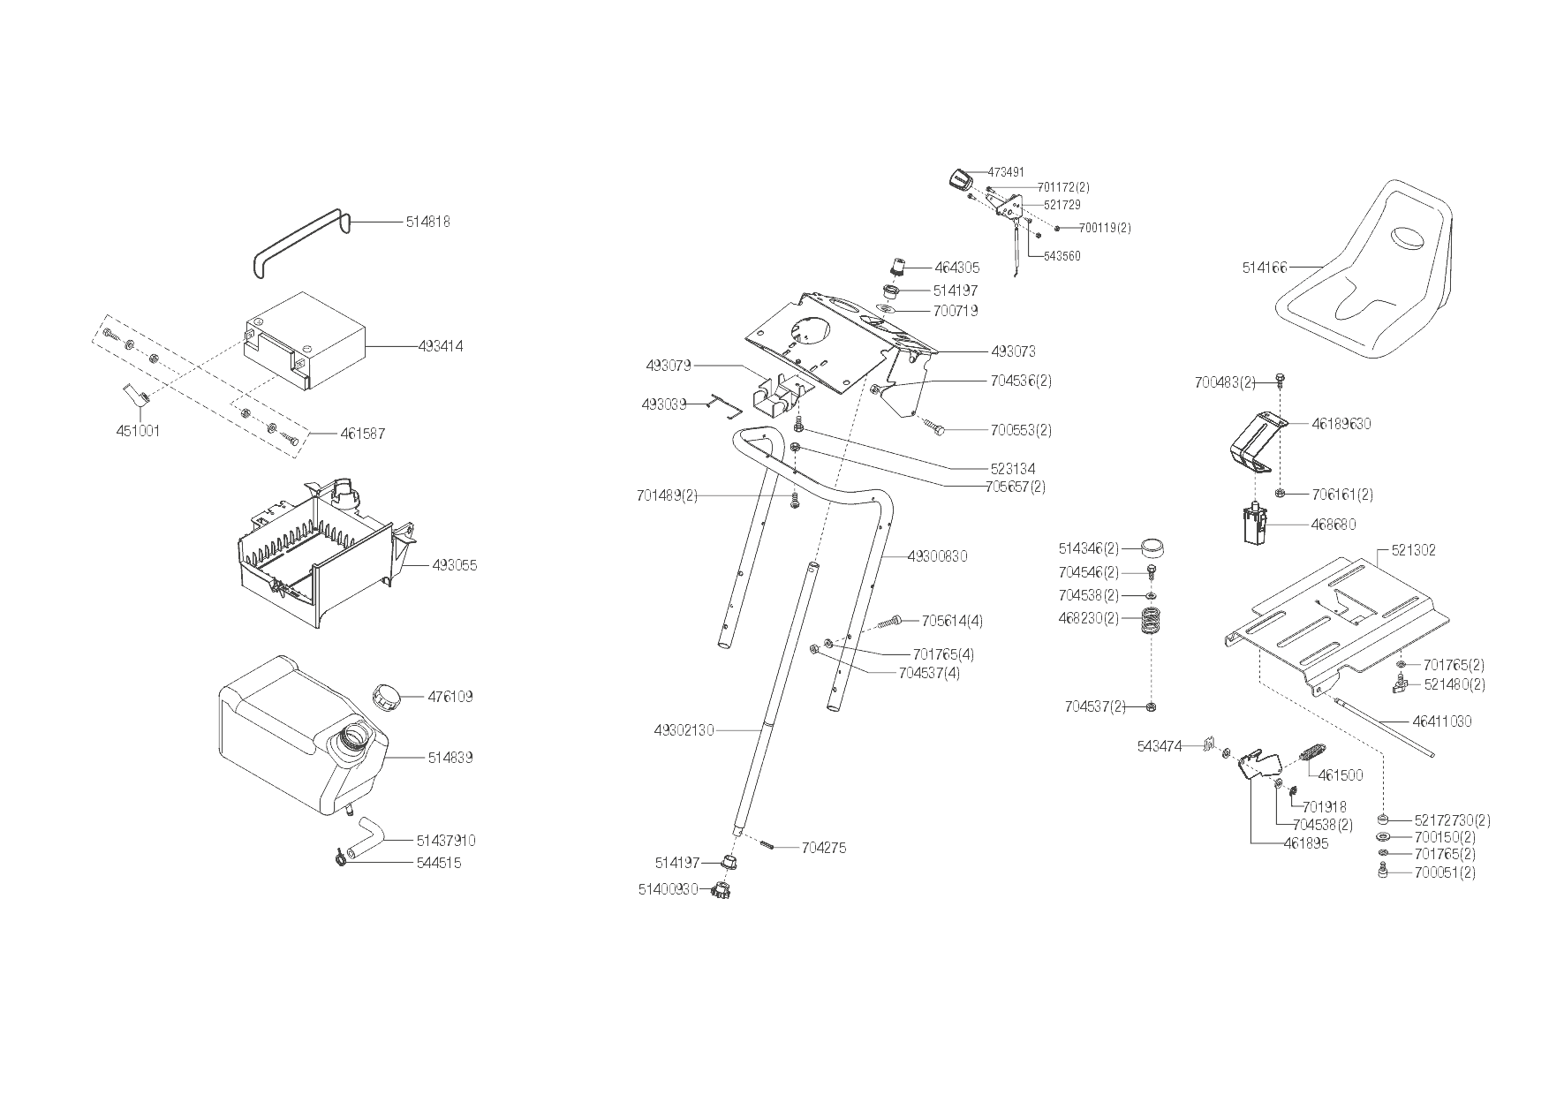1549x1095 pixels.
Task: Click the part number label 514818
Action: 427,223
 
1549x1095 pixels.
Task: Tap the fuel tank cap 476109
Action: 386,696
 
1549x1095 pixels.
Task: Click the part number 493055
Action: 454,565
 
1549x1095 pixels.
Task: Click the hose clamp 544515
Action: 341,857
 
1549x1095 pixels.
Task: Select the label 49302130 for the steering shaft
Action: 684,730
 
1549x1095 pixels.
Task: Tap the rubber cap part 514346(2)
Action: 1151,548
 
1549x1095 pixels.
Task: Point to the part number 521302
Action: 1413,550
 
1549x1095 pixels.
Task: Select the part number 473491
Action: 1006,172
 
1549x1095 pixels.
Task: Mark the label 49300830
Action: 937,556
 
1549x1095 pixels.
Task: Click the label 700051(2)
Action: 1444,872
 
